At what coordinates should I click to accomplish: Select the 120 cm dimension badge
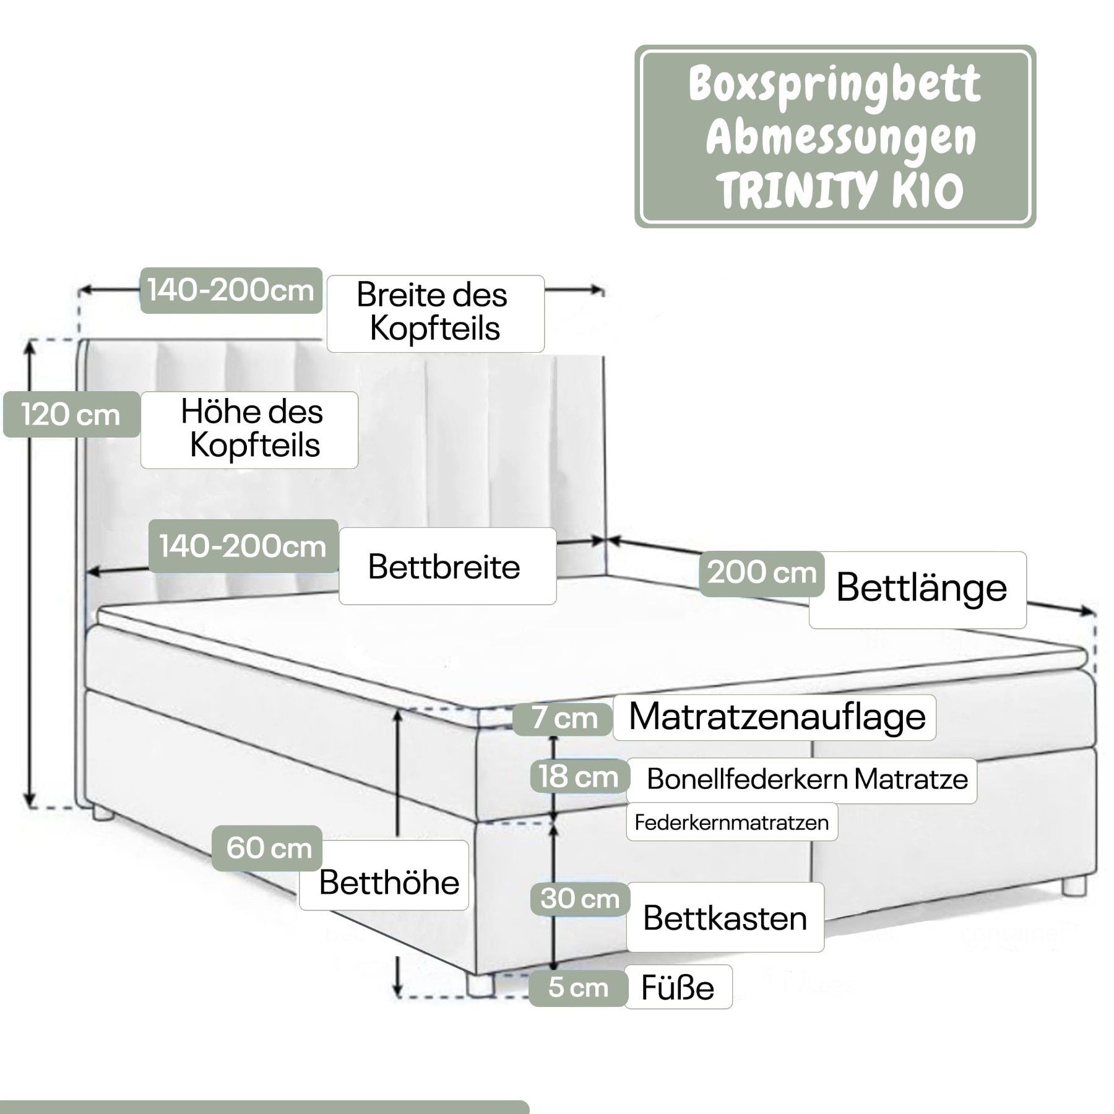(71, 414)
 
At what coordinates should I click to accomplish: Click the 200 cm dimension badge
(761, 573)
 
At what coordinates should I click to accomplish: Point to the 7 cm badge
(564, 719)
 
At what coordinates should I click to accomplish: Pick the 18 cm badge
(579, 777)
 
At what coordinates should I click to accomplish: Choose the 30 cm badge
(579, 899)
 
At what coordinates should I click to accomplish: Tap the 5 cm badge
(577, 988)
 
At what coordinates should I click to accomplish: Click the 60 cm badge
(267, 848)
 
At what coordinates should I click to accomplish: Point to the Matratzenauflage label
(776, 717)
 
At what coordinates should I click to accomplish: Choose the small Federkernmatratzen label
(731, 823)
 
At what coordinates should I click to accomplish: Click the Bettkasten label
(724, 918)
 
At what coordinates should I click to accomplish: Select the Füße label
(677, 988)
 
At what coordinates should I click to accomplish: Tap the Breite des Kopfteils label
(435, 312)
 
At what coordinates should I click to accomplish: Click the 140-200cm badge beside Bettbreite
(243, 546)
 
